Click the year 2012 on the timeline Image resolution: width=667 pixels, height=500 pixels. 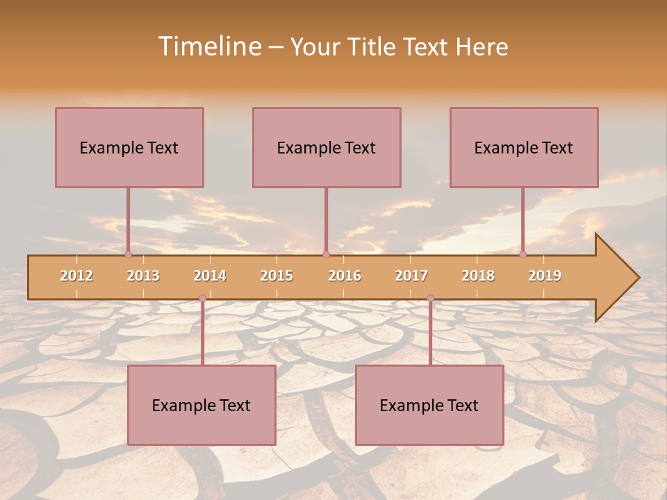(x=76, y=276)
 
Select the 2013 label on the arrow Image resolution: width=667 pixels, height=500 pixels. (x=143, y=276)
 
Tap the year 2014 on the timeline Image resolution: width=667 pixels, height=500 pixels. (x=210, y=276)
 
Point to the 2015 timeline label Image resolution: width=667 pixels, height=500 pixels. (x=277, y=276)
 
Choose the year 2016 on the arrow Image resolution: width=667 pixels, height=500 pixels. (x=345, y=276)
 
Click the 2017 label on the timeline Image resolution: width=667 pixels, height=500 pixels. (x=411, y=276)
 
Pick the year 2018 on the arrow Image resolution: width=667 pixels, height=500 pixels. (x=478, y=276)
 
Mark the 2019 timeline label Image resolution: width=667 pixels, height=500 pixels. (x=545, y=276)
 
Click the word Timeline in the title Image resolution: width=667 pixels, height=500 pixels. (x=209, y=47)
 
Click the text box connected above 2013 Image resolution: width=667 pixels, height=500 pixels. (x=129, y=147)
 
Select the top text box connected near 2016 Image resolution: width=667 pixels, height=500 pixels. (x=327, y=147)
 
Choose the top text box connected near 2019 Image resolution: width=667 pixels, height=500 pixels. (x=524, y=147)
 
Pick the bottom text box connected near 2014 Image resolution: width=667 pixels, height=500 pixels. (x=201, y=405)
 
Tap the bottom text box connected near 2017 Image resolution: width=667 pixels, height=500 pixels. (x=429, y=405)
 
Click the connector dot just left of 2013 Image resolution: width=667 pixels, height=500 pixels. (x=128, y=254)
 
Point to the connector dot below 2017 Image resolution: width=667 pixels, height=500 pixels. (x=430, y=299)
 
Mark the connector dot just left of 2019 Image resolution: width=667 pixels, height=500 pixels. (x=522, y=254)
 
